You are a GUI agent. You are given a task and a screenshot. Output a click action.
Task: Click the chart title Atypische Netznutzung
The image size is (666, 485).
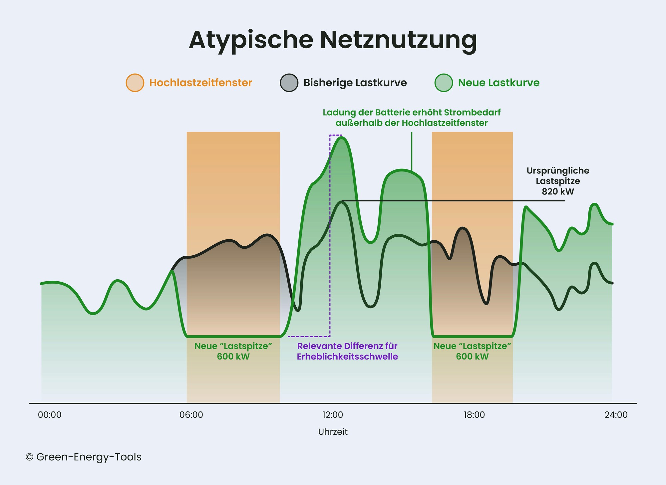coord(333,40)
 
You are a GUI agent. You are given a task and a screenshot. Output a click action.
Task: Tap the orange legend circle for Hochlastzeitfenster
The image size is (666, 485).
coord(135,83)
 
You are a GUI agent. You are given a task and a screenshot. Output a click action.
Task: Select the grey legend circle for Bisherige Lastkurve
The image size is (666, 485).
coord(289,83)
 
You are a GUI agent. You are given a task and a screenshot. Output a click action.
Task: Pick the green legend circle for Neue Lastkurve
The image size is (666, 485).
coord(444,83)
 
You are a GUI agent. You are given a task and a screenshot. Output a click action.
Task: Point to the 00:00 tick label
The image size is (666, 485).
coord(50,415)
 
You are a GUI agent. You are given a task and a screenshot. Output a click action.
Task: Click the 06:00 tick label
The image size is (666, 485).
coord(191,415)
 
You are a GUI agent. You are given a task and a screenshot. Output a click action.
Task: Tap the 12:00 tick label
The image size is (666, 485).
coord(333,415)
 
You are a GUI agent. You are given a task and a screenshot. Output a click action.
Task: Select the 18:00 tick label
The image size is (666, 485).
coord(474,415)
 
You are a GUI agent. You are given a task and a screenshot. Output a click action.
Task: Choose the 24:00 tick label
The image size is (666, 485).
coord(616,415)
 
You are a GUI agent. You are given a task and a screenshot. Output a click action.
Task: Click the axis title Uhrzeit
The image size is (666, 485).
coord(333,432)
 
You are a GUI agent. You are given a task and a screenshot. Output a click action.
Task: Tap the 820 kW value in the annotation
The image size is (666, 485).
coord(558,192)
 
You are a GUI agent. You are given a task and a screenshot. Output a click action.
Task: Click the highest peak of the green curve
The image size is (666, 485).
coord(341,137)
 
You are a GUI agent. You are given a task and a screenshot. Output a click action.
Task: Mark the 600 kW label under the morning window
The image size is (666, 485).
coord(233,357)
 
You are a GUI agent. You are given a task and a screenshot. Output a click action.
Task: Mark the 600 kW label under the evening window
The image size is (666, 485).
coord(472,357)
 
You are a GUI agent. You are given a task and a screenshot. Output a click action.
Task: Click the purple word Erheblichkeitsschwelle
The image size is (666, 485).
coord(347,357)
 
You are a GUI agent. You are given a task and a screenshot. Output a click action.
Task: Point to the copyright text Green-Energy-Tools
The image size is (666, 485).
coord(89,457)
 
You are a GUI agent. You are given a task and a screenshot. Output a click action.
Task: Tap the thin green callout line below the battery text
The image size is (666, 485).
coord(412,150)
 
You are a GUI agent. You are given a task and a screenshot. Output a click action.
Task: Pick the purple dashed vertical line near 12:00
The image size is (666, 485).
coord(330,266)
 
